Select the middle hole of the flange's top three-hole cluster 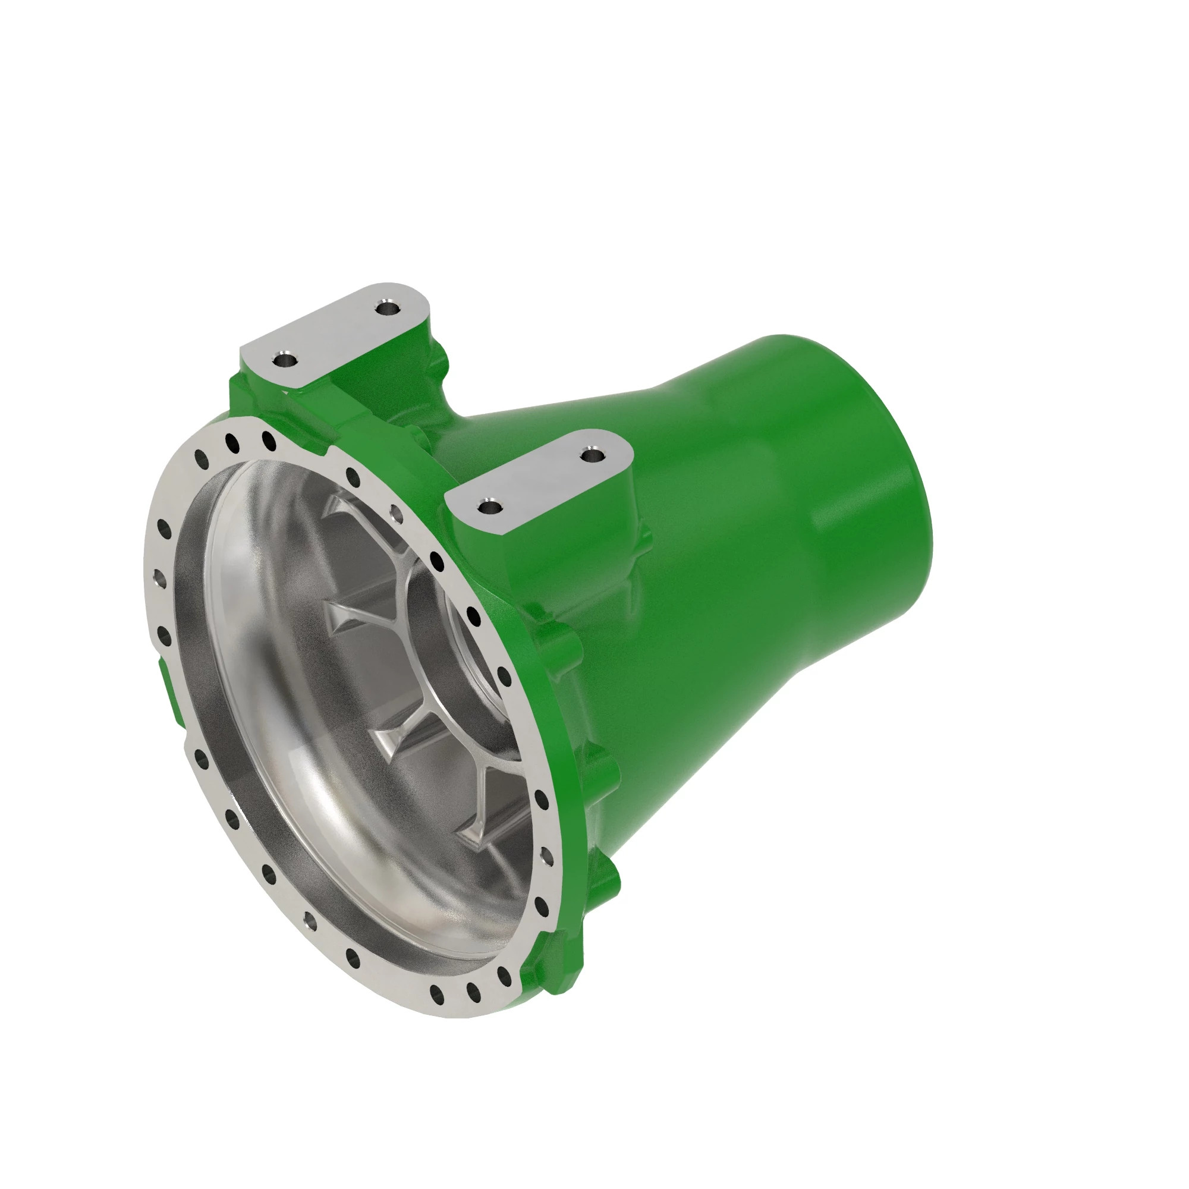click(x=232, y=442)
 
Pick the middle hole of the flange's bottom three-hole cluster click(x=473, y=992)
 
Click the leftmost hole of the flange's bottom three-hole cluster click(x=437, y=993)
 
